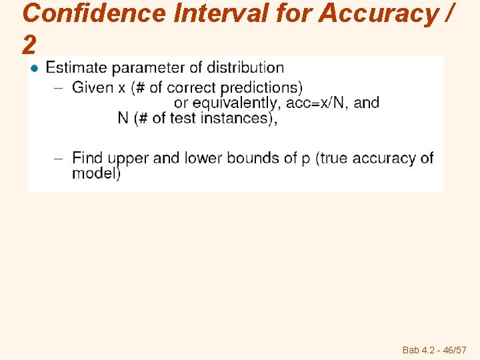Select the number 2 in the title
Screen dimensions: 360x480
coord(29,45)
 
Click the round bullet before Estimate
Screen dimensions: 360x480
coord(35,68)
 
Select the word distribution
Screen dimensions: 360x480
coord(245,67)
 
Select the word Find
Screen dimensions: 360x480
coord(87,158)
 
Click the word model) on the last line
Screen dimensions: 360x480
coord(96,173)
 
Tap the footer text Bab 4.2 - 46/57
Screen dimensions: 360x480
coord(434,350)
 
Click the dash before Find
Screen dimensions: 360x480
coord(58,159)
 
